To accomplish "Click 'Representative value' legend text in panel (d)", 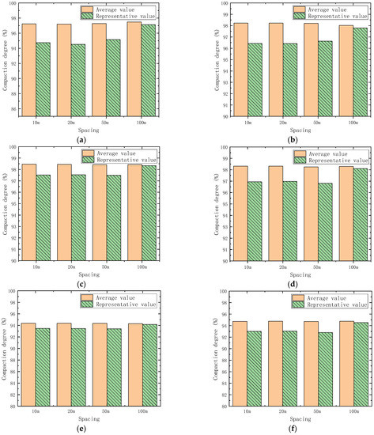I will click(x=340, y=159).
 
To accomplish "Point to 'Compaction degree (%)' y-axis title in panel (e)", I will click(x=6, y=349).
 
